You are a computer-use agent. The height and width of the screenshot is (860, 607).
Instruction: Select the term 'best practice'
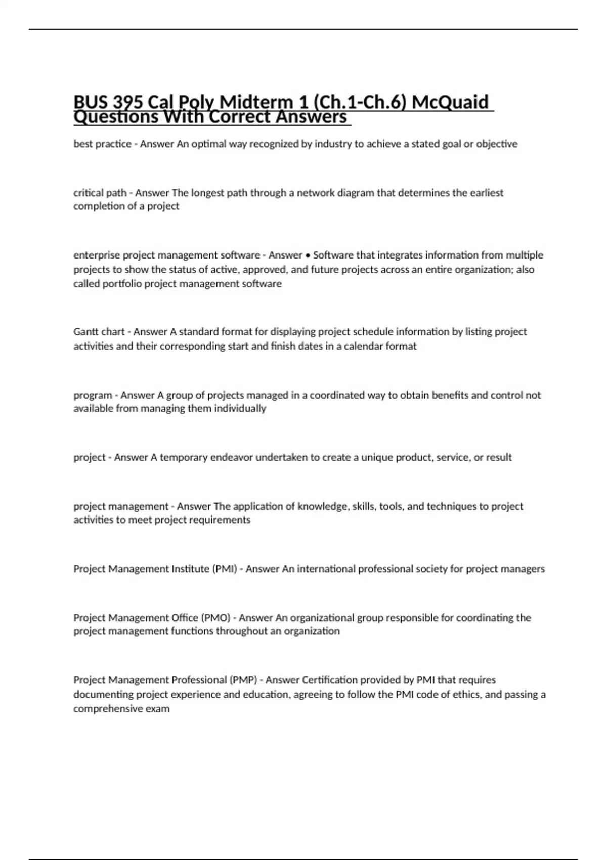[x=102, y=144]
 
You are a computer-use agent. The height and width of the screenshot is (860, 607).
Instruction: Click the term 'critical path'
[x=100, y=193]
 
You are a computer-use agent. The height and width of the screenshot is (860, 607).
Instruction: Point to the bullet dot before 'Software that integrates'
[x=308, y=255]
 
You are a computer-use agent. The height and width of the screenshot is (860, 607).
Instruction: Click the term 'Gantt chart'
[x=99, y=332]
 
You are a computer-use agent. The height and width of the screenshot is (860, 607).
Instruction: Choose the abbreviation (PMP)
[x=243, y=680]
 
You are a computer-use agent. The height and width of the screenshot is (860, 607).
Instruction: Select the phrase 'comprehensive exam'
[x=121, y=709]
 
